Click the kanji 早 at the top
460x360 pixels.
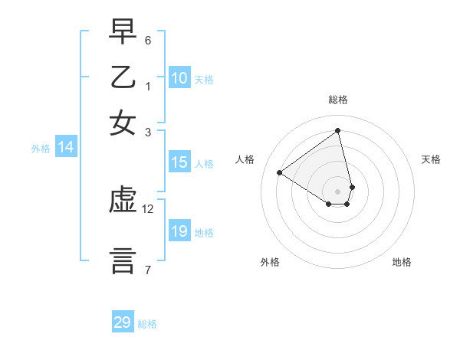point(123,34)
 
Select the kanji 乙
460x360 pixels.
point(123,78)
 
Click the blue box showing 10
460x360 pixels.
point(179,78)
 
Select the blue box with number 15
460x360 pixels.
point(179,162)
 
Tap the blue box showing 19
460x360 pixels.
point(179,231)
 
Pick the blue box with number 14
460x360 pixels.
point(66,148)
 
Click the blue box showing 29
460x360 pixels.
point(123,322)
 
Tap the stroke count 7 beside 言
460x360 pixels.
point(148,269)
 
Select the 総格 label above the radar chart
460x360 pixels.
point(338,100)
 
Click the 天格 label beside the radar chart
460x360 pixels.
point(431,159)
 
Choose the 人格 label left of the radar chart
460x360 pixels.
point(245,159)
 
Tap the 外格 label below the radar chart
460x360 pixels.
point(270,263)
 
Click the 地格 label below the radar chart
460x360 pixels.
point(402,263)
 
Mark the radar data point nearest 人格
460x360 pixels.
point(280,172)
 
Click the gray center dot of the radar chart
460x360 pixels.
point(338,191)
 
